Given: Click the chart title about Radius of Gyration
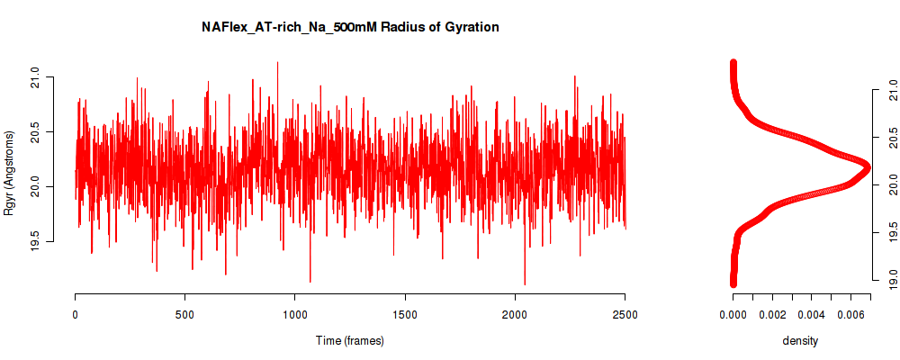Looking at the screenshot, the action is [x=350, y=27].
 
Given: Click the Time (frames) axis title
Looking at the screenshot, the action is [x=349, y=340].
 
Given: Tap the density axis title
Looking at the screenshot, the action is [x=800, y=340].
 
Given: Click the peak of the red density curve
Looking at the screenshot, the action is [x=867, y=167].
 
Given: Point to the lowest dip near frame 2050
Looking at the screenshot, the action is [x=525, y=284].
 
